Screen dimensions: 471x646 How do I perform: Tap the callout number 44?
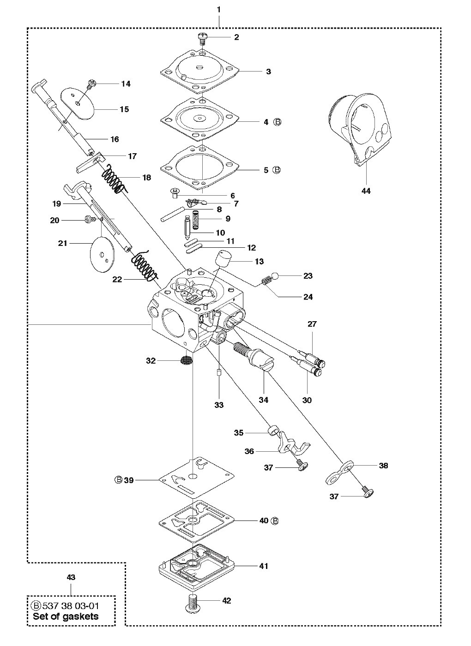[x=366, y=191]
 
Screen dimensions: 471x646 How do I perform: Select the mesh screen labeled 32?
[x=186, y=360]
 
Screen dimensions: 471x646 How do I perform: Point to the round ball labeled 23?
[x=275, y=276]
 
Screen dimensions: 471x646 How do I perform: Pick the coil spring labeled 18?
[x=115, y=179]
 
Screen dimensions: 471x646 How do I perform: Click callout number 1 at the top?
[x=218, y=10]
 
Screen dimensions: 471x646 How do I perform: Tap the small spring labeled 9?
[x=196, y=220]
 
